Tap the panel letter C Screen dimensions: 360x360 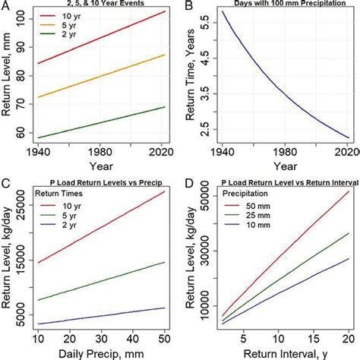(6, 183)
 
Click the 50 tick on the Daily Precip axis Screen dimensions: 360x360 (165, 336)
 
